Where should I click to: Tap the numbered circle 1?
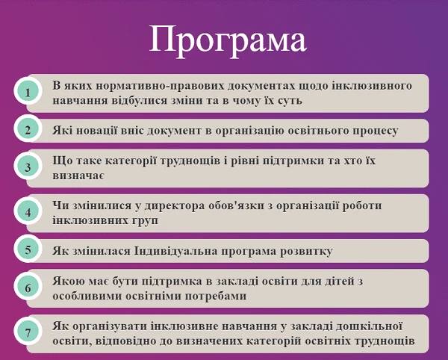tap(28, 93)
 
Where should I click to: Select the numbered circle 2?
tap(28, 130)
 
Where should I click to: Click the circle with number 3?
tap(28, 167)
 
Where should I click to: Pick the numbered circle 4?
tap(28, 212)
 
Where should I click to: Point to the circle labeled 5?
tap(28, 249)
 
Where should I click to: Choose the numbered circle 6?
tap(28, 288)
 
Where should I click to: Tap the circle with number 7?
tap(28, 332)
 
